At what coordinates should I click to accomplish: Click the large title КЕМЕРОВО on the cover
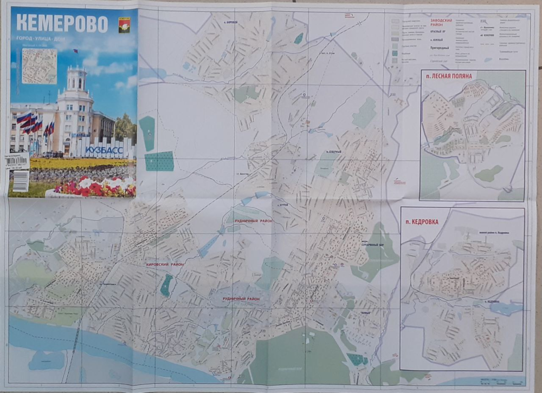tap(62, 24)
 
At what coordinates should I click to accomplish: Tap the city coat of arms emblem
tap(124, 25)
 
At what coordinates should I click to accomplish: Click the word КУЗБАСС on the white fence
tap(104, 150)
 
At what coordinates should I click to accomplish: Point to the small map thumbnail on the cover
tap(39, 66)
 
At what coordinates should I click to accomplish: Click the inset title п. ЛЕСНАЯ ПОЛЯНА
tap(449, 76)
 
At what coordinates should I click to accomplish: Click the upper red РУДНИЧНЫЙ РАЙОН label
tap(254, 221)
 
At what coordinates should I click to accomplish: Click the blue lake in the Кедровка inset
tap(504, 309)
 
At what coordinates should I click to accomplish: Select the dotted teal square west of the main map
tap(159, 161)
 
